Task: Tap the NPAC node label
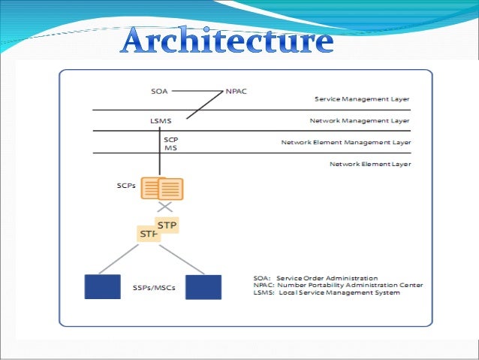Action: point(235,92)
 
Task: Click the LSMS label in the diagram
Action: point(161,120)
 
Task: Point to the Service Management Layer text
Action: point(362,98)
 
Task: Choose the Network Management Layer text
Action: point(360,120)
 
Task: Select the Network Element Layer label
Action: point(369,163)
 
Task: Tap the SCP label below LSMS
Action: point(170,139)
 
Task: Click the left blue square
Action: point(102,286)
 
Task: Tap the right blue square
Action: point(203,286)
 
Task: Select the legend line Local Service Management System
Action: point(326,292)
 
